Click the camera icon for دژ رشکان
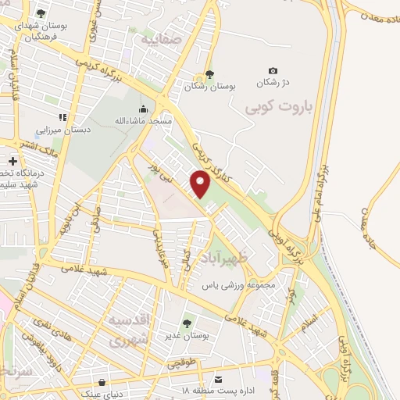(x=273, y=71)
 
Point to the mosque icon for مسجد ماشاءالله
(x=142, y=109)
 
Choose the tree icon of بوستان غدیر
(x=187, y=323)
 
